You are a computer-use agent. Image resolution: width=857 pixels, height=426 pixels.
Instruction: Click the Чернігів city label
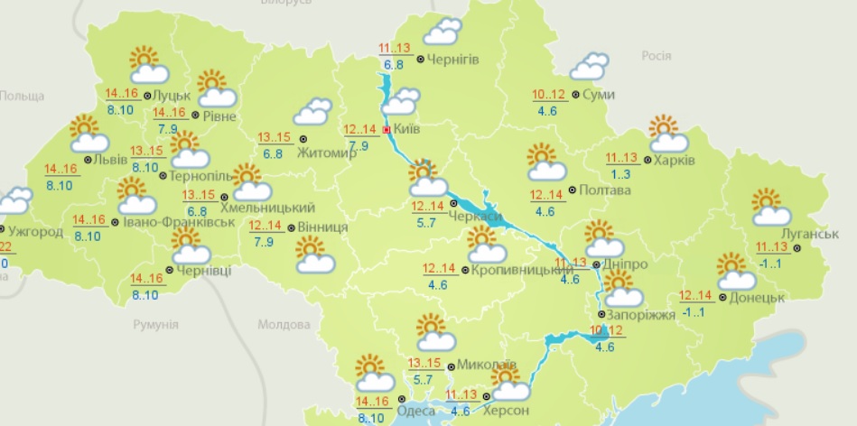point(454,60)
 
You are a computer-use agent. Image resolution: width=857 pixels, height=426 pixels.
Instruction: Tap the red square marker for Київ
point(387,130)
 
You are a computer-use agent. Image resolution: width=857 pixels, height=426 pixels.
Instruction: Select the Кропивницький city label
point(517,270)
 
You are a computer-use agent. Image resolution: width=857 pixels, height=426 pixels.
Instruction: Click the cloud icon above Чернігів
point(441,32)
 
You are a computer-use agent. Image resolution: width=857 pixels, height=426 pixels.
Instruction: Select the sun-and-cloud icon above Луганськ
point(770,208)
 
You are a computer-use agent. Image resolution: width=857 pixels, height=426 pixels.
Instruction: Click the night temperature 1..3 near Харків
point(619,173)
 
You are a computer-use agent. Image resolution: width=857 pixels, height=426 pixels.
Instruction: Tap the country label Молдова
point(284,324)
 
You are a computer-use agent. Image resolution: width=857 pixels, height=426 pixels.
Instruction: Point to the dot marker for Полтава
point(573,191)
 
